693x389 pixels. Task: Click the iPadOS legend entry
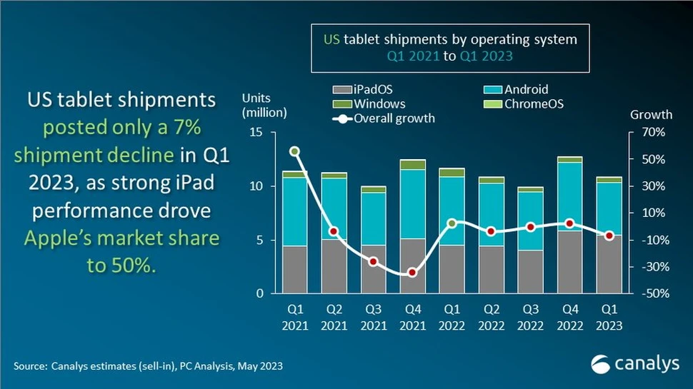(363, 90)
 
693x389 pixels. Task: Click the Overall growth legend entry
(393, 118)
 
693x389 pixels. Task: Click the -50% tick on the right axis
(653, 294)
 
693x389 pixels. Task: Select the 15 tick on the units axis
(256, 133)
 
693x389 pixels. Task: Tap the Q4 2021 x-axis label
(412, 318)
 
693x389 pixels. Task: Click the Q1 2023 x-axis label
(609, 318)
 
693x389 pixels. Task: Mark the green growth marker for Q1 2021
(294, 151)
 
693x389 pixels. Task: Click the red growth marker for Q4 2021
(412, 273)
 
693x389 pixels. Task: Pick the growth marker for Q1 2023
(609, 236)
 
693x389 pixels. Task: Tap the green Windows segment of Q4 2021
(412, 165)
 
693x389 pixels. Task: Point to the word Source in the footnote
(29, 366)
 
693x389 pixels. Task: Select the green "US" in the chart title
(331, 40)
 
